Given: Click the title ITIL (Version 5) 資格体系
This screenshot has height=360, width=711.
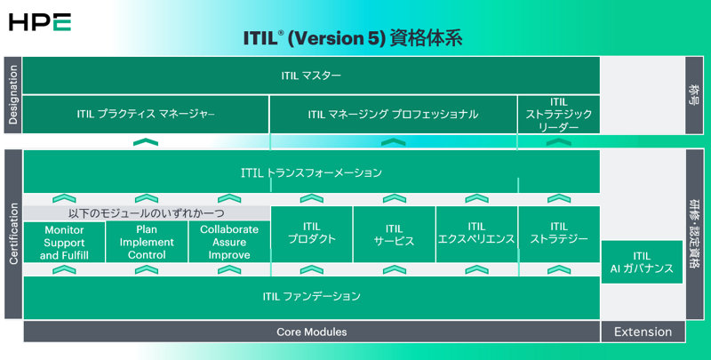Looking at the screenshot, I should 353,40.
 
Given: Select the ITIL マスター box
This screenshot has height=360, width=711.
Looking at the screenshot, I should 311,76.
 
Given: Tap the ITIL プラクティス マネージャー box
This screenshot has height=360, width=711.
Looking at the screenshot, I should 146,114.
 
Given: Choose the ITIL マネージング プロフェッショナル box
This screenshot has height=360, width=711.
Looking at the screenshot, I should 393,114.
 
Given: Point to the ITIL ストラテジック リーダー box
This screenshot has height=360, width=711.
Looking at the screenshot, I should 558,114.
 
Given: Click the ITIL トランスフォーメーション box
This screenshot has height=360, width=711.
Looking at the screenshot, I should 311,172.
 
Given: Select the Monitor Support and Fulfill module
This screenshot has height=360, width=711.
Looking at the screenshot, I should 63,242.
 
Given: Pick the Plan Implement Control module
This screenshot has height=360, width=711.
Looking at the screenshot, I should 146,242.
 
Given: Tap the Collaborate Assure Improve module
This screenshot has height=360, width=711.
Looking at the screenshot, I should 228,242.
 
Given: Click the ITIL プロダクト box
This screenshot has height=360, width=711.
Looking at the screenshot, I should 311,234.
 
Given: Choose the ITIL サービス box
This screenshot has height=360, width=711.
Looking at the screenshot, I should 394,234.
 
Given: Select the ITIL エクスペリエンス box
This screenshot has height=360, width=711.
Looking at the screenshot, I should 476,234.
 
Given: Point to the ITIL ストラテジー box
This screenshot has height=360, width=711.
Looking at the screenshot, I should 558,234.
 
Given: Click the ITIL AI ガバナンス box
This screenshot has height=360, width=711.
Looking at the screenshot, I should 643,262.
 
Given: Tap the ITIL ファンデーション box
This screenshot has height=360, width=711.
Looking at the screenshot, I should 311,297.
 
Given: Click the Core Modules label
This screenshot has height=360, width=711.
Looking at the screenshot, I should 311,332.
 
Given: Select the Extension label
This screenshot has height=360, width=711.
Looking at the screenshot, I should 643,332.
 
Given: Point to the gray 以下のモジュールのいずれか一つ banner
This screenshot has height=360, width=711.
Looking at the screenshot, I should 146,213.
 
